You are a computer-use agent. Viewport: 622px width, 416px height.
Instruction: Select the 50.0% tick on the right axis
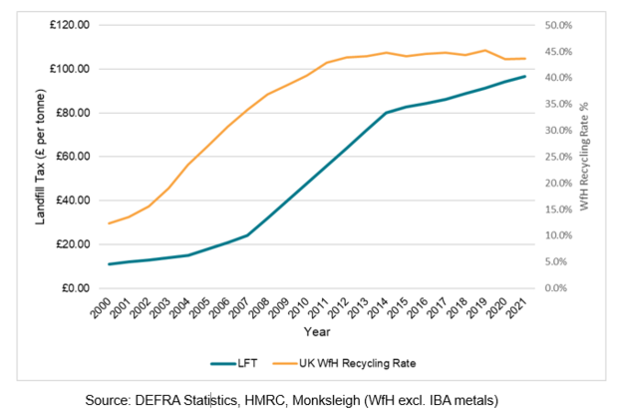coord(558,25)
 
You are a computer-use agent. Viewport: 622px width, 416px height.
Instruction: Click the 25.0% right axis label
coord(558,157)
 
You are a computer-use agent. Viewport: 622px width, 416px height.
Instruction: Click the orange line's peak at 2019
coord(485,50)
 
